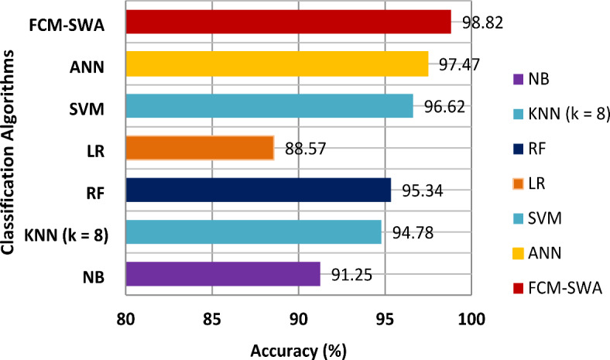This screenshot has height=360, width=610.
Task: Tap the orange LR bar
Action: pyautogui.click(x=200, y=147)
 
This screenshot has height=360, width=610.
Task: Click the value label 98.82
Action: pyautogui.click(x=482, y=22)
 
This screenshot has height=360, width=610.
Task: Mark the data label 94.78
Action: pyautogui.click(x=413, y=231)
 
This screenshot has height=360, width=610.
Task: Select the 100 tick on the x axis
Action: pyautogui.click(x=471, y=319)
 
